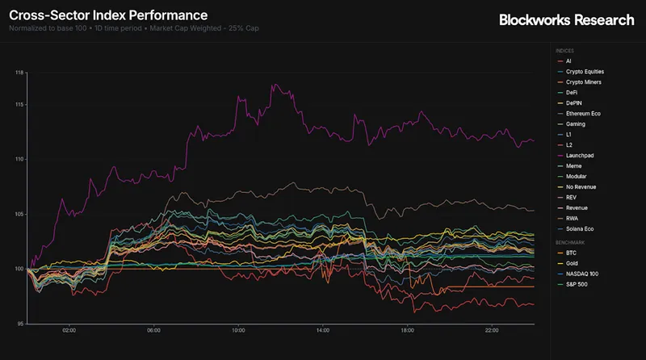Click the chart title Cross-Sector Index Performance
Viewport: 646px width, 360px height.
(108, 15)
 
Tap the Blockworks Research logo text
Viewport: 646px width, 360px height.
(566, 20)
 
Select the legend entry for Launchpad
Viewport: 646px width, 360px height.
(581, 155)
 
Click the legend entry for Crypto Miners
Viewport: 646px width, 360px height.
(583, 82)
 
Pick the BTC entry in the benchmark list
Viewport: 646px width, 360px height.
(572, 253)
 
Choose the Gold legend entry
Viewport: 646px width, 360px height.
(573, 263)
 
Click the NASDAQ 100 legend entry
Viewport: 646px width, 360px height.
(582, 274)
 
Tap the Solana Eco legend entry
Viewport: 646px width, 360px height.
(581, 228)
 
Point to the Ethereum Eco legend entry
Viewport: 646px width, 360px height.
(585, 113)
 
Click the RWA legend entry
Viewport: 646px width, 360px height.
(573, 218)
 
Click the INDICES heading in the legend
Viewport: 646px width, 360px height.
(565, 50)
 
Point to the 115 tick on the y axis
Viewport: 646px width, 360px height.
(19, 105)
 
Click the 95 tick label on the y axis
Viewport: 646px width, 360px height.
(20, 323)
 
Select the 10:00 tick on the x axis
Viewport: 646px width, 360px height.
(238, 330)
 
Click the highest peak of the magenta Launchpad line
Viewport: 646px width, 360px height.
(275, 84)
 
